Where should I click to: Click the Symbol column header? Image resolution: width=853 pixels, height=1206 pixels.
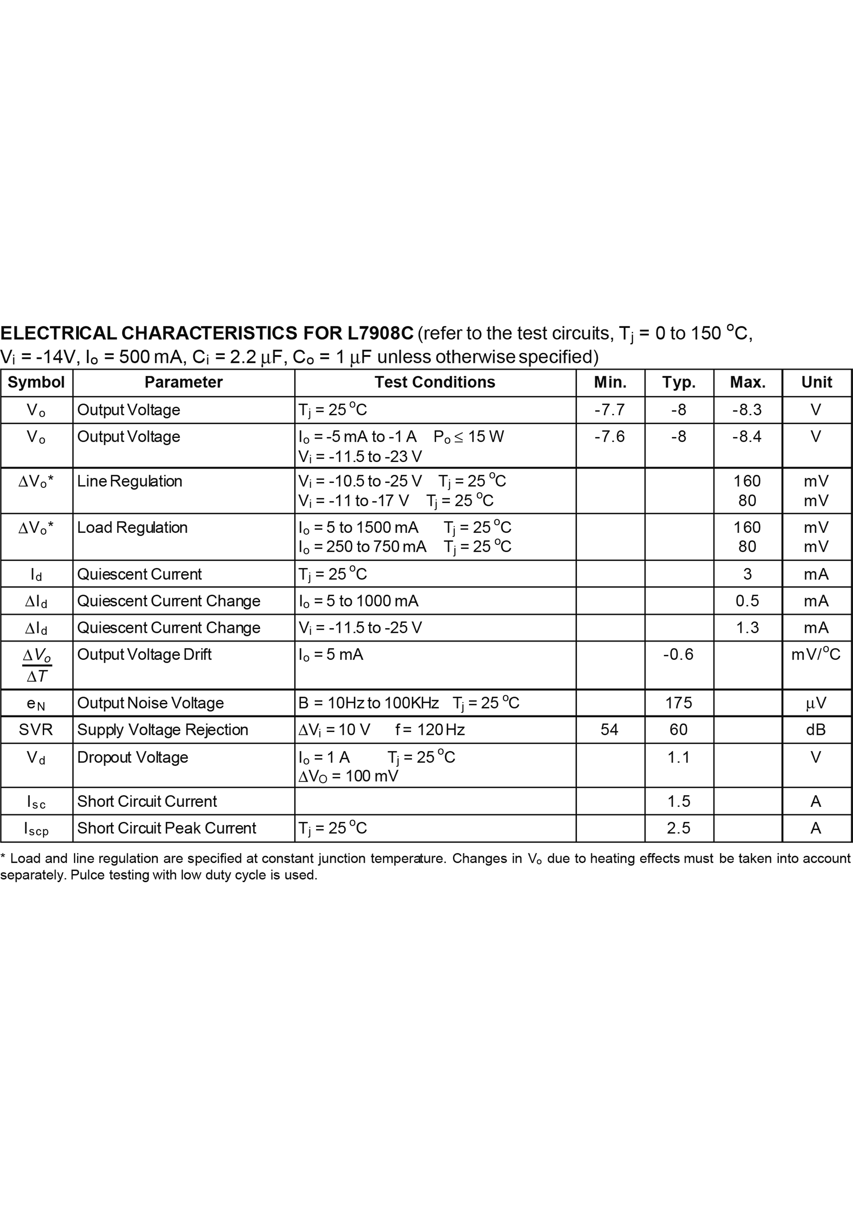(36, 382)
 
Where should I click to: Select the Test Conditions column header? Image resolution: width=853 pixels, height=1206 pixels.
(435, 382)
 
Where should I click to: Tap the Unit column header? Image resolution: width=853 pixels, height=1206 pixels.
(816, 382)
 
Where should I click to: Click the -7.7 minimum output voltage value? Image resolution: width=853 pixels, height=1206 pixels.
(610, 410)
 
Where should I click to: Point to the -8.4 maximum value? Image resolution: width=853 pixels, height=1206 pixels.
(747, 437)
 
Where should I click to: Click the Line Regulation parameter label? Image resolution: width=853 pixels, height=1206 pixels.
(129, 481)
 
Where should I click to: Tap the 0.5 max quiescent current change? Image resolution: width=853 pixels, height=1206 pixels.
(747, 601)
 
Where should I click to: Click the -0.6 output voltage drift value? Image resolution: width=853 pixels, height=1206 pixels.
(678, 655)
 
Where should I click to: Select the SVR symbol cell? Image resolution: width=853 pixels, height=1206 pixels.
(36, 730)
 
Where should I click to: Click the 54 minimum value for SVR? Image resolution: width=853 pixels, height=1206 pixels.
(610, 730)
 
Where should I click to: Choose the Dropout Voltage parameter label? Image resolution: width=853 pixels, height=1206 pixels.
(132, 757)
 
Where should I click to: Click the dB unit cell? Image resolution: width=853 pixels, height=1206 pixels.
(816, 730)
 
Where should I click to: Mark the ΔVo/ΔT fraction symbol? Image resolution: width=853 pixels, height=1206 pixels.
(37, 665)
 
